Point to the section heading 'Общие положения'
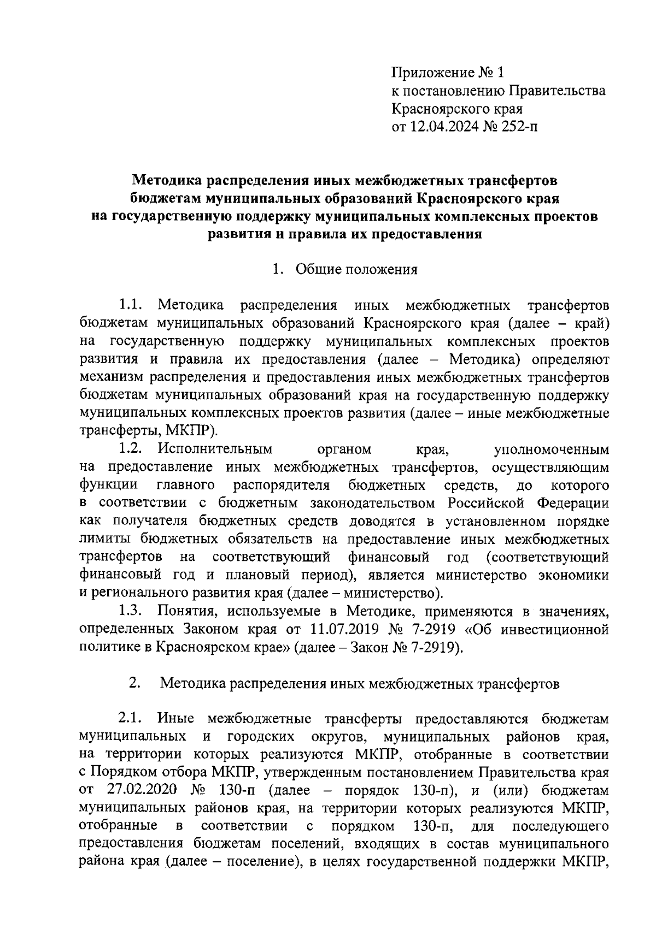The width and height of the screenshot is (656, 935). coord(356,269)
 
